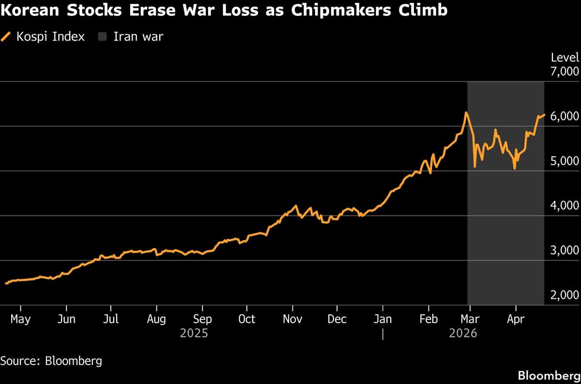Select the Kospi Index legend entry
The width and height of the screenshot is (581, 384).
pyautogui.click(x=44, y=36)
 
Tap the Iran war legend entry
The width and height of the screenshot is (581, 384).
pyautogui.click(x=131, y=36)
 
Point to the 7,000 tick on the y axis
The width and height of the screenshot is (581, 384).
pyautogui.click(x=565, y=72)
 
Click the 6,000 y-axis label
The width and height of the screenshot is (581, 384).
pyautogui.click(x=565, y=116)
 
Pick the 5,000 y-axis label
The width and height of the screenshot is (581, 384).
pyautogui.click(x=565, y=161)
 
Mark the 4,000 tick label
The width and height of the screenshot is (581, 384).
pyautogui.click(x=565, y=206)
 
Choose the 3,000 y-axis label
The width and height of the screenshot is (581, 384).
pyautogui.click(x=565, y=251)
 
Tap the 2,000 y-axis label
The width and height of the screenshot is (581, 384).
pyautogui.click(x=565, y=295)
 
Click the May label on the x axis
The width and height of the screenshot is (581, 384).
pyautogui.click(x=20, y=319)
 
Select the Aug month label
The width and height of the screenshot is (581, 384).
pyautogui.click(x=156, y=319)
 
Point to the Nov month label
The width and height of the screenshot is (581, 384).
pyautogui.click(x=292, y=319)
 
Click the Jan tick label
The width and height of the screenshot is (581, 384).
pyautogui.click(x=382, y=319)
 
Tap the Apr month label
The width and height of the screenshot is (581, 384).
pyautogui.click(x=516, y=319)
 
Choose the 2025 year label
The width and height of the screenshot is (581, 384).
pyautogui.click(x=194, y=334)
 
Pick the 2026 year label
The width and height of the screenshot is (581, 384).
pyautogui.click(x=463, y=334)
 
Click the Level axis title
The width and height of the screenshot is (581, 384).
pyautogui.click(x=565, y=58)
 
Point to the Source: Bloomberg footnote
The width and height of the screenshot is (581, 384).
pyautogui.click(x=51, y=361)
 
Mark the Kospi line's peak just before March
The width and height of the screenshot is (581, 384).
pyautogui.click(x=465, y=113)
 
